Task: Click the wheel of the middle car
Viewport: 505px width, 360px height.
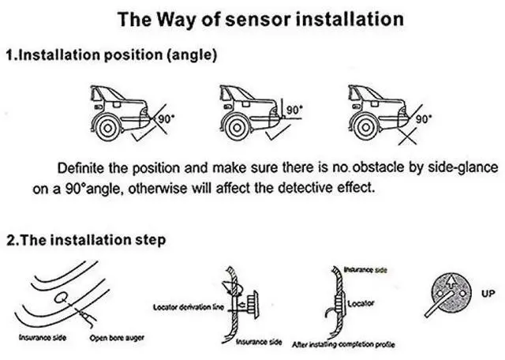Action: click(236, 126)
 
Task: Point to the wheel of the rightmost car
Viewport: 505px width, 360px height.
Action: click(364, 126)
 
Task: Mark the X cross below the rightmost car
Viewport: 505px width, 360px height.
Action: click(407, 137)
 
